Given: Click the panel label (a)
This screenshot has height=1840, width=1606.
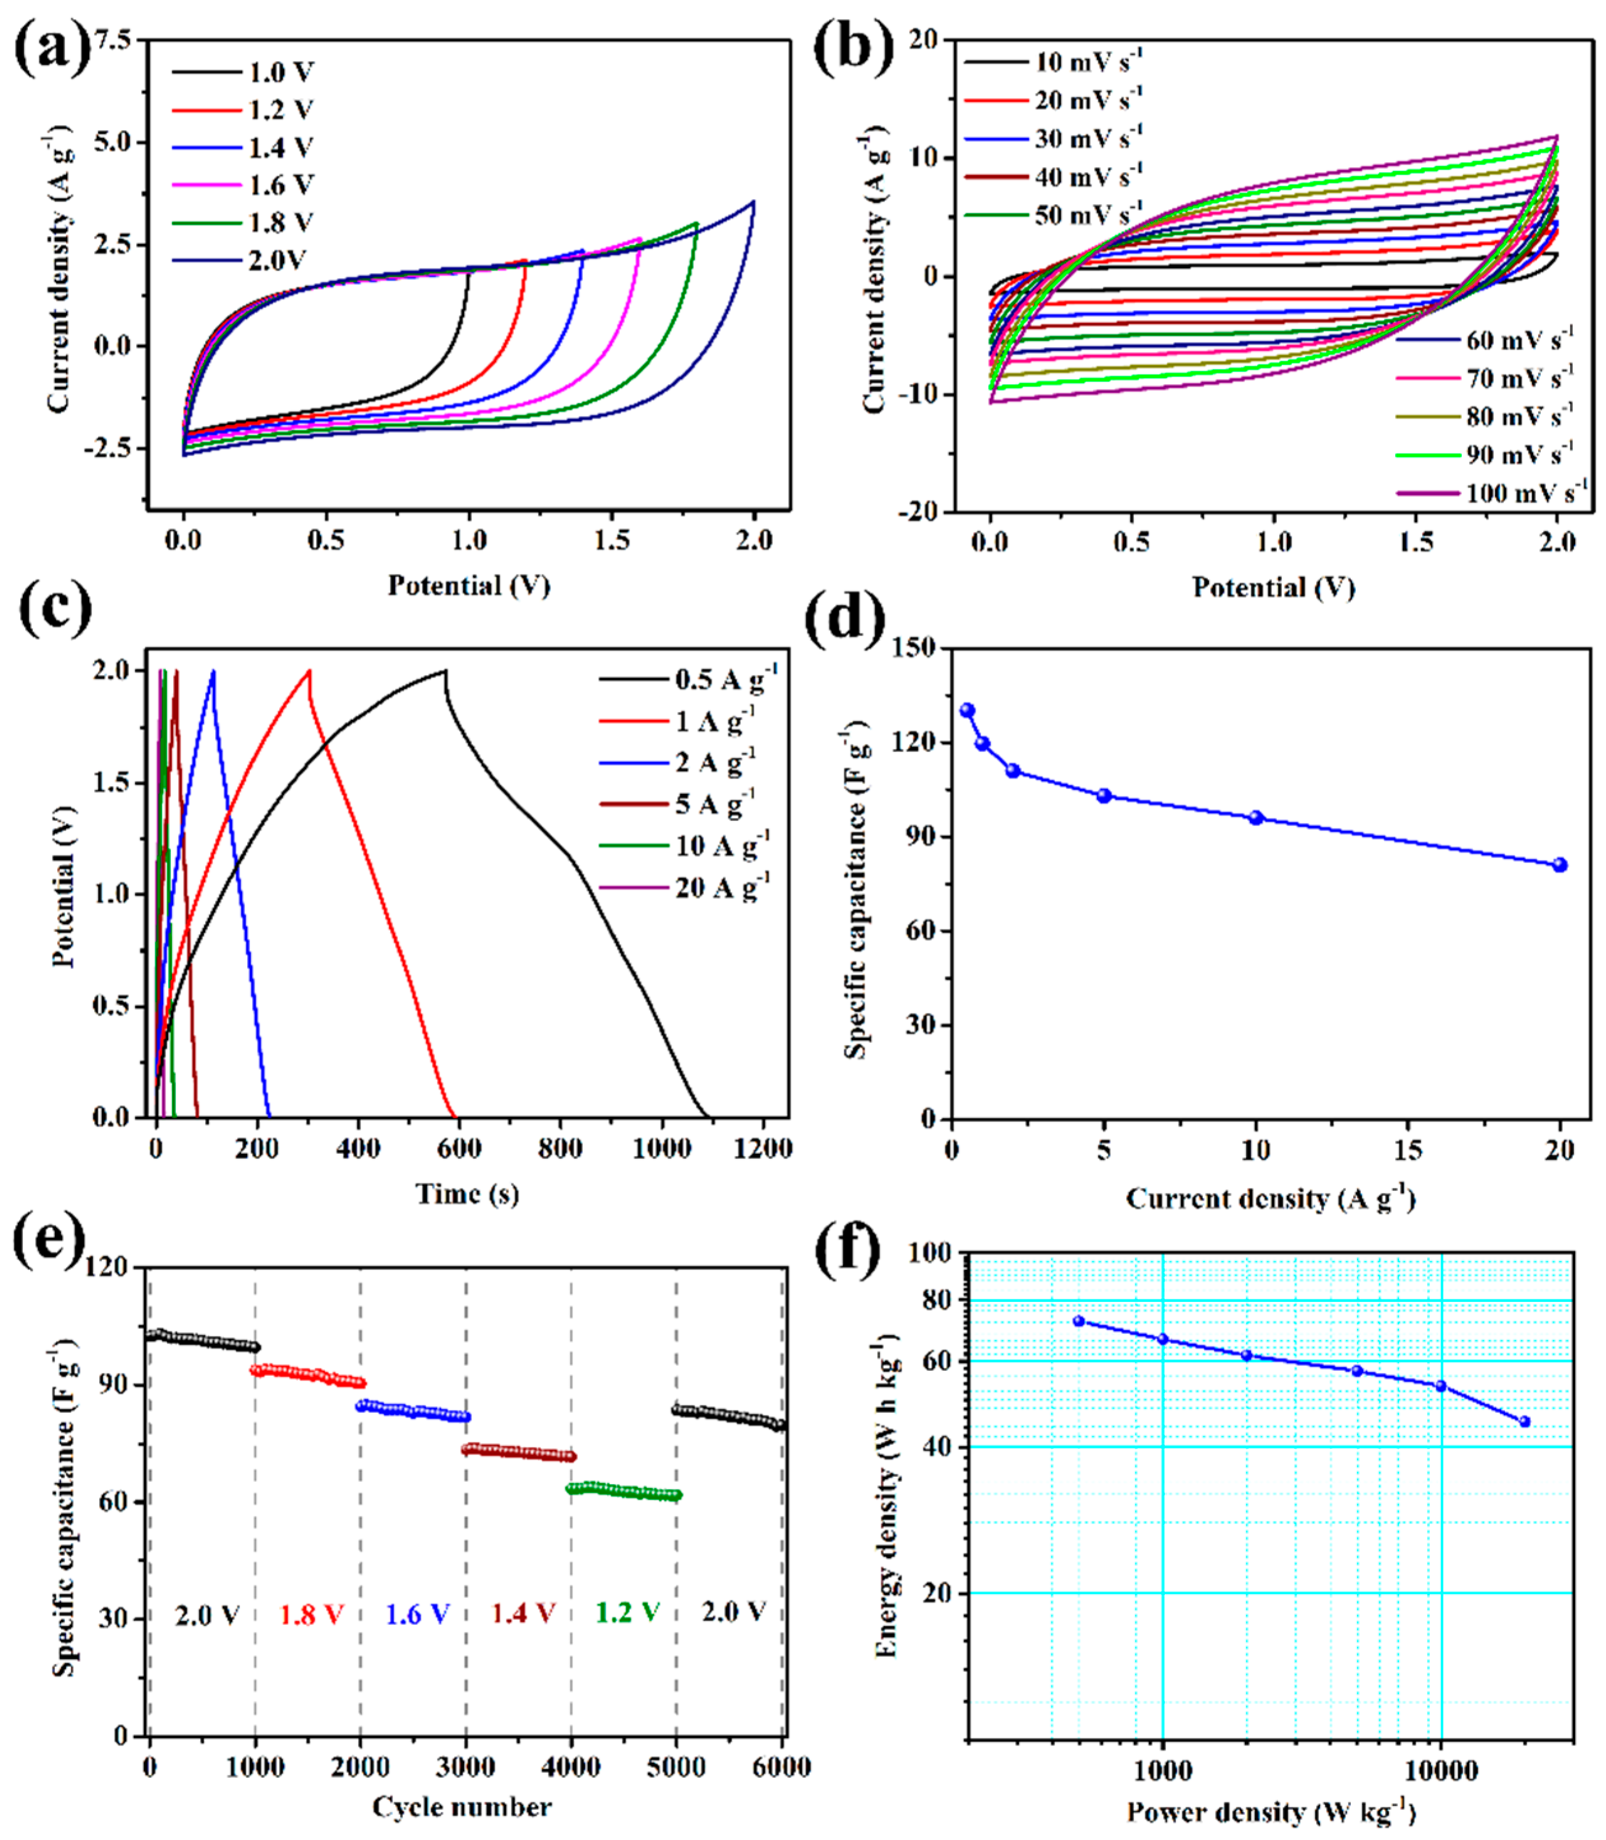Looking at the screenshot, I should [x=52, y=47].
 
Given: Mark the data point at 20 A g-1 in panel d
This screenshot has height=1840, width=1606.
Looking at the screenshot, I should [x=1559, y=865].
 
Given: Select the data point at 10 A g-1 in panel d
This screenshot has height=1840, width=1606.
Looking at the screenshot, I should [x=1255, y=817].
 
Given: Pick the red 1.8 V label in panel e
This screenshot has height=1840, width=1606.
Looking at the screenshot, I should [x=311, y=1614].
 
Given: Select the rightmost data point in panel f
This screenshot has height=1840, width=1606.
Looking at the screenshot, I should [x=1525, y=1421].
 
